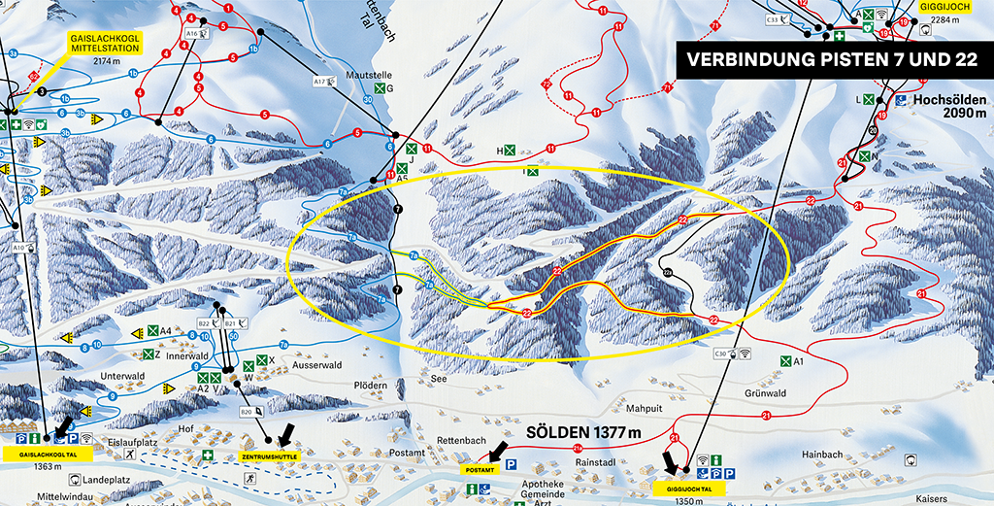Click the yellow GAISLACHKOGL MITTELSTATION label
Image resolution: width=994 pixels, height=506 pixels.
(105, 42)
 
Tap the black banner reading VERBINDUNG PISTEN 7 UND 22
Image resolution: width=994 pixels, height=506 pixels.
(833, 60)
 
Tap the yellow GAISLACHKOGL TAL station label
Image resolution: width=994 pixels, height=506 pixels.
(43, 454)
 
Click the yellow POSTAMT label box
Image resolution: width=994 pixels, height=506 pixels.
(481, 470)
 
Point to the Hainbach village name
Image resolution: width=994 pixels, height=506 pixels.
(822, 455)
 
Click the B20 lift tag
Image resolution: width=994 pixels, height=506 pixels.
(247, 412)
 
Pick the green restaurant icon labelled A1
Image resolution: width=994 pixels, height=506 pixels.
(784, 361)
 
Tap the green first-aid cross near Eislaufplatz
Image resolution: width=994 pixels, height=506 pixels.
(207, 455)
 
